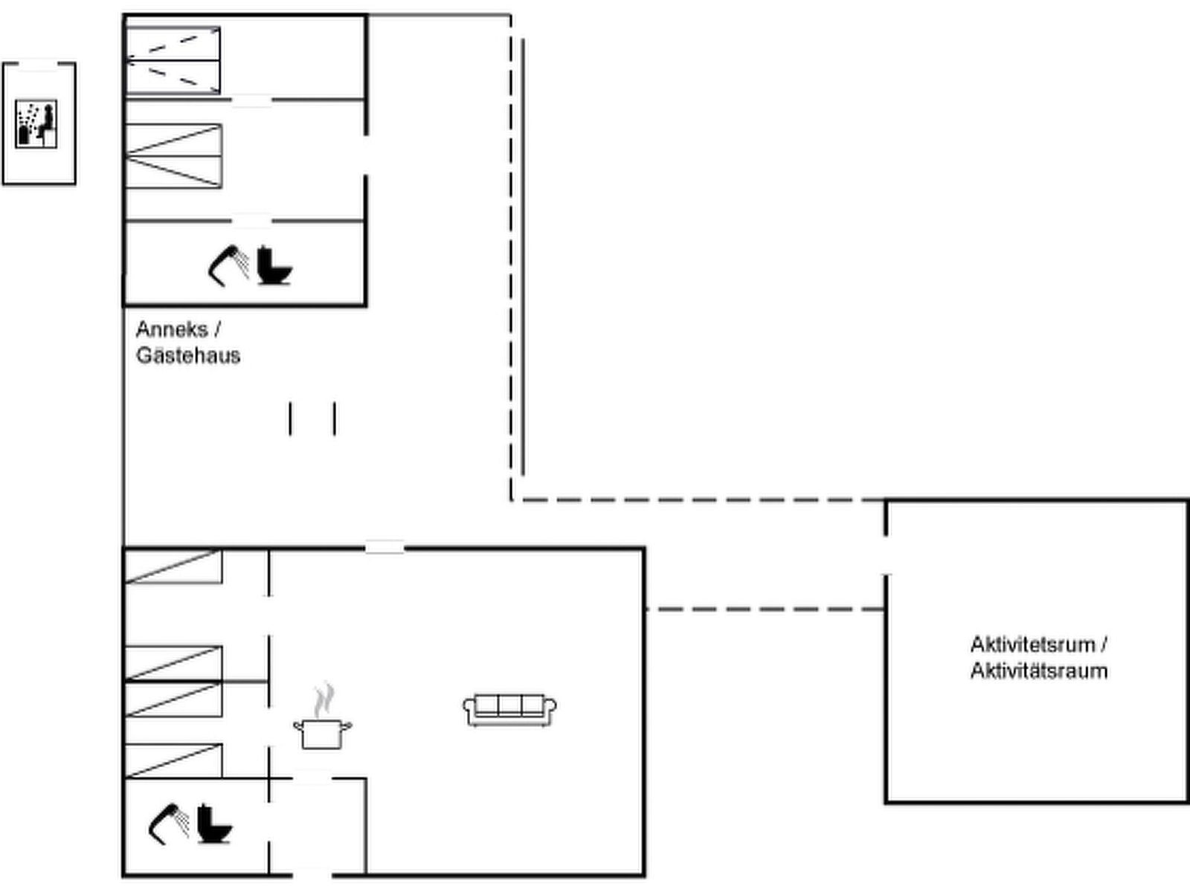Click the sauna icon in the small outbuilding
point(36,123)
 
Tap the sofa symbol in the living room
point(510,709)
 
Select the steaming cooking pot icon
point(322,721)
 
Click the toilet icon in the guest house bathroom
point(274,265)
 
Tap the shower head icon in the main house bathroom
point(169,824)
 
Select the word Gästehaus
point(188,355)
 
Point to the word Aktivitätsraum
point(1039,670)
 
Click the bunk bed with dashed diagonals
point(173,60)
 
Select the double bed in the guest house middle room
point(173,156)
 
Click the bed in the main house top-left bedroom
point(173,566)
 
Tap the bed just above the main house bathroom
point(173,760)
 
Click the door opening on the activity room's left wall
point(886,555)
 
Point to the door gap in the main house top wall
point(385,549)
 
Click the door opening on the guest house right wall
point(365,155)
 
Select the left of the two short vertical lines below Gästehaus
point(290,418)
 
